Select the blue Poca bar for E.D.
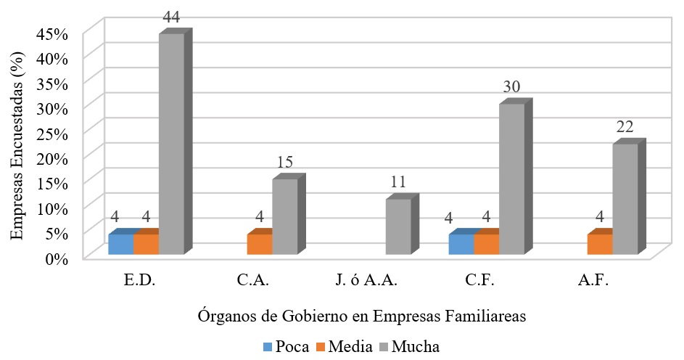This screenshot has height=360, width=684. pos(121,244)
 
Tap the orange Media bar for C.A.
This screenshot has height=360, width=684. pos(260,244)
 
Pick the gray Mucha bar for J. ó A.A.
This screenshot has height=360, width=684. pos(398,226)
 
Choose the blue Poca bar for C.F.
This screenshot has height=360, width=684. pos(461,244)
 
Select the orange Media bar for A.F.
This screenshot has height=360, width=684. pos(600,244)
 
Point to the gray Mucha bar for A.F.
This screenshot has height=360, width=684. pos(625,199)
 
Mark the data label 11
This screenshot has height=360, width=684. pos(397,183)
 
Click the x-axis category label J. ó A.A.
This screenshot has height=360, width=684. pos(366,281)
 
